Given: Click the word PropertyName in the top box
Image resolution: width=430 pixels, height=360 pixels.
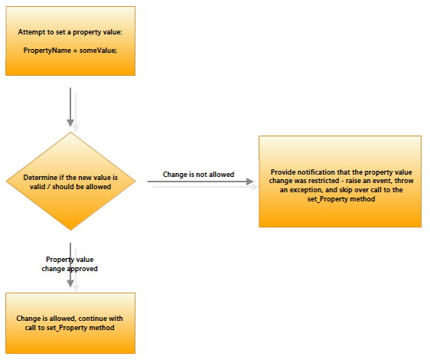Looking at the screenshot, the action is coord(47,51).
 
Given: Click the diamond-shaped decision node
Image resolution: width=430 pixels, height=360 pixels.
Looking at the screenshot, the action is coord(70,182).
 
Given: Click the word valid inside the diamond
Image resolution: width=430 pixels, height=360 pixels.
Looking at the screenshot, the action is coord(37,187).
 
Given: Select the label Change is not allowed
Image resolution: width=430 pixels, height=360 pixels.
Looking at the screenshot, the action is coord(198,175).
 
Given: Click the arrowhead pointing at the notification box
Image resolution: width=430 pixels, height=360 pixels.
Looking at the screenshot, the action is coord(250,182).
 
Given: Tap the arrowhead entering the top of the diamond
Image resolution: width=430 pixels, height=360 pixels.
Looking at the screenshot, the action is coord(70,123).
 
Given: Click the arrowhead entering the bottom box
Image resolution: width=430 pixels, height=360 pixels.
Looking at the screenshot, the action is coord(70,283).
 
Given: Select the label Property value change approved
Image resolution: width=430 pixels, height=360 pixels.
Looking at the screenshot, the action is coord(70,264).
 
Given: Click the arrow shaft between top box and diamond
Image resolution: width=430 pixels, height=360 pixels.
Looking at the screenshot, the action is coord(70,104).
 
